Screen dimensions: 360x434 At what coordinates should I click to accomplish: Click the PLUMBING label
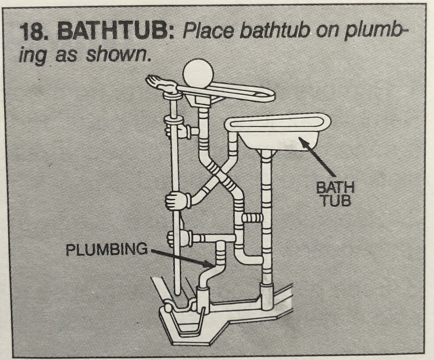(x=106, y=250)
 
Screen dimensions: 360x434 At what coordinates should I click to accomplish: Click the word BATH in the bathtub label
(x=335, y=189)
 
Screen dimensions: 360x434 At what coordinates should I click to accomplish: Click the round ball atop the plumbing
(x=198, y=73)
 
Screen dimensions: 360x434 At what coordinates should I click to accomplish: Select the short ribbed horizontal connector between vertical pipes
(x=253, y=217)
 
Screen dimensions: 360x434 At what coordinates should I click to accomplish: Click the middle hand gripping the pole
(x=176, y=201)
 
